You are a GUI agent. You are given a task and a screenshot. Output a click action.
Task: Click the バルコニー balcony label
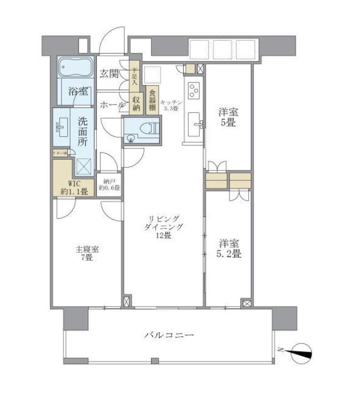pyautogui.click(x=169, y=335)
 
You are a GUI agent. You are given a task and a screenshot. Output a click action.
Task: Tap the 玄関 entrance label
pyautogui.click(x=109, y=73)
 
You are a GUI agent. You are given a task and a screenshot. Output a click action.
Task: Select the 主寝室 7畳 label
pyautogui.click(x=87, y=254)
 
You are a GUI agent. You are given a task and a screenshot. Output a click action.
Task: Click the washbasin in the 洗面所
pyautogui.click(x=61, y=128)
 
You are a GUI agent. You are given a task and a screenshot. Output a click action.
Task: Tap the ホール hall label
pyautogui.click(x=111, y=105)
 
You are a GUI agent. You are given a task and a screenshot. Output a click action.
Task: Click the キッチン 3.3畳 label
pyautogui.click(x=170, y=106)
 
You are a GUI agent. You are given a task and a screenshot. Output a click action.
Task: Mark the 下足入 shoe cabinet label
pyautogui.click(x=135, y=77)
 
